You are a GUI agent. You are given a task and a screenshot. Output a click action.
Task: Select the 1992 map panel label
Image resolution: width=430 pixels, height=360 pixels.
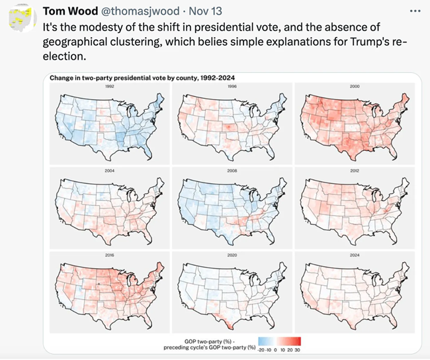click(x=109, y=87)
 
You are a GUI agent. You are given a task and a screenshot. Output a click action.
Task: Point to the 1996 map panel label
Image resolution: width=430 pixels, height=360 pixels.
click(x=232, y=87)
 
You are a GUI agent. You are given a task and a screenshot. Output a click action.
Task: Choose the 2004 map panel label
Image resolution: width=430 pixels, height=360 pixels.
click(x=109, y=170)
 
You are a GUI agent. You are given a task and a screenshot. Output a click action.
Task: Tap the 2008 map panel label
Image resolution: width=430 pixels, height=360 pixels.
click(x=232, y=170)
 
